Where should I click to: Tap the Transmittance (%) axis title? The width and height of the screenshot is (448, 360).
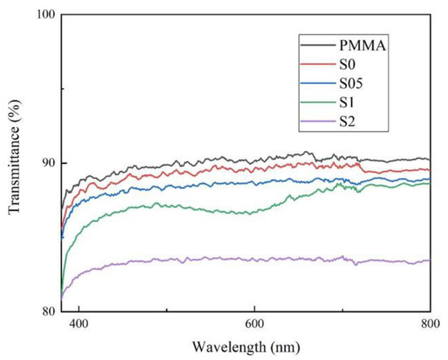pyautogui.click(x=14, y=163)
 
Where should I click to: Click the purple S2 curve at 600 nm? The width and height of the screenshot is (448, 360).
pyautogui.click(x=254, y=258)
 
